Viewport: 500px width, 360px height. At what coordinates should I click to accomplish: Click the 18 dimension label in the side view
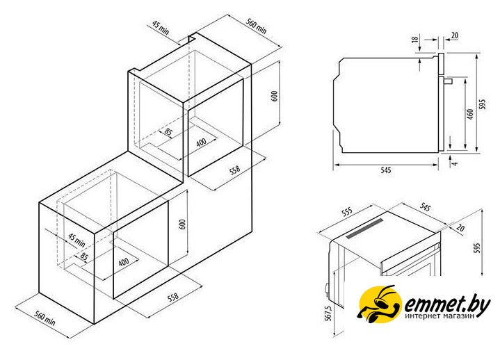click(415, 39)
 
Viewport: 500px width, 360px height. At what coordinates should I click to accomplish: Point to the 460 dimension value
click(470, 114)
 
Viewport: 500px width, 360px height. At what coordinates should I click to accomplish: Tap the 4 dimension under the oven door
click(455, 163)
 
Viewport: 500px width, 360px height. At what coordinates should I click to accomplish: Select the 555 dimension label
click(347, 211)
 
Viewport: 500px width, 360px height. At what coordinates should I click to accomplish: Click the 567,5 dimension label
click(329, 313)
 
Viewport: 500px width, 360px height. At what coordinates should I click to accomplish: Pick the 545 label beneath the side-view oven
click(385, 170)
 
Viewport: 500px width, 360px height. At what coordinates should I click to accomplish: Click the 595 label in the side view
click(483, 104)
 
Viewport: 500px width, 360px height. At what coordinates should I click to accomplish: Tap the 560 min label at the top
click(256, 26)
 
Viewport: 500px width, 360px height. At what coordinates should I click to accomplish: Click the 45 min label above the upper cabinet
click(160, 28)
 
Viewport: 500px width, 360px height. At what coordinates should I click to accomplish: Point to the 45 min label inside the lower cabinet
click(77, 240)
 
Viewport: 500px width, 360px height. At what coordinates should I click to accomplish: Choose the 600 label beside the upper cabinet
click(274, 96)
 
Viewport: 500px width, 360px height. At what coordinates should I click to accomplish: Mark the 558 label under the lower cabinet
click(173, 297)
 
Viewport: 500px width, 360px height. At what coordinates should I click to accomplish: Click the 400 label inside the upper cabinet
click(201, 142)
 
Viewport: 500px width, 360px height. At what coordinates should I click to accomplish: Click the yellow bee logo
click(378, 304)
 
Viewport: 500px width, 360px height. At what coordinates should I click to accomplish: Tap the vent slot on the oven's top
click(365, 229)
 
